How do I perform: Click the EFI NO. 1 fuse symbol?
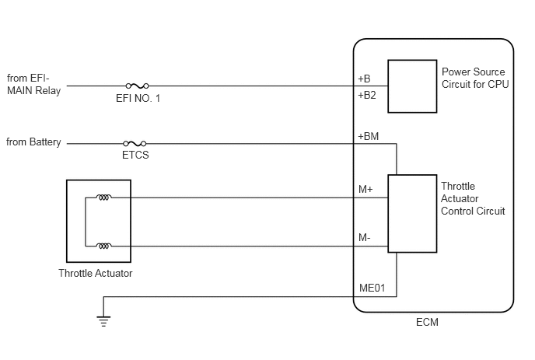(x=137, y=86)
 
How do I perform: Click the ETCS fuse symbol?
(x=135, y=144)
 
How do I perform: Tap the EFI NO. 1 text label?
(x=138, y=98)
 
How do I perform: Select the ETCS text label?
(x=135, y=155)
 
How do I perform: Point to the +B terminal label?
(x=364, y=79)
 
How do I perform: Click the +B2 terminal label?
(x=367, y=95)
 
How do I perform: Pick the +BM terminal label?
(x=368, y=137)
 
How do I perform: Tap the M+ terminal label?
(x=365, y=190)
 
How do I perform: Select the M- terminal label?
(x=365, y=237)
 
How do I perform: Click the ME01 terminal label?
(x=372, y=288)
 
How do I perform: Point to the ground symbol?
(x=103, y=321)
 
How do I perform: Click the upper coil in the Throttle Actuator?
(x=103, y=197)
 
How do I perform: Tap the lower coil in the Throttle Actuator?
(x=103, y=246)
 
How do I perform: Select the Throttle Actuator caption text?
(x=95, y=274)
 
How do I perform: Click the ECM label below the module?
(x=427, y=323)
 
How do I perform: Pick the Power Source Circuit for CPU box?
(x=412, y=86)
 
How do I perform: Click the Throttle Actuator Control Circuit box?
(x=412, y=214)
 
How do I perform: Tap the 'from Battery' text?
(x=33, y=142)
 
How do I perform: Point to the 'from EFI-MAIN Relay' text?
(x=33, y=84)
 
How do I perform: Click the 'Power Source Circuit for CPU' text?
(x=475, y=78)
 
